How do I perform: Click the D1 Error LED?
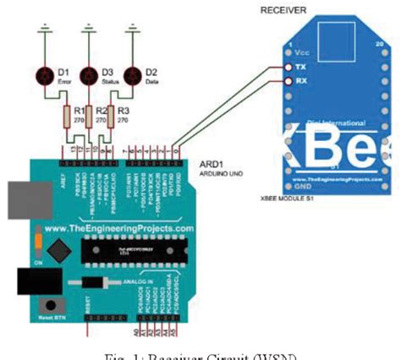tap(48, 77)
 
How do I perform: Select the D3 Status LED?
tap(88, 77)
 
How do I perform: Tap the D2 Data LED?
tap(129, 77)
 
